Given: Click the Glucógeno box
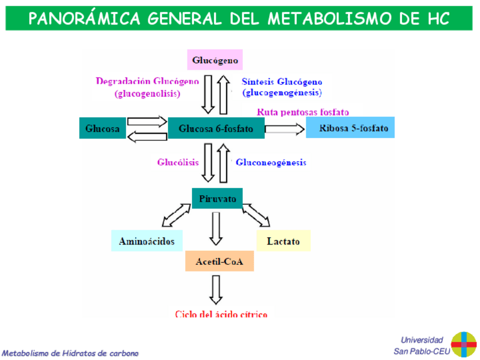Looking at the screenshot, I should click(215, 60).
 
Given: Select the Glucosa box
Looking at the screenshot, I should click(102, 128).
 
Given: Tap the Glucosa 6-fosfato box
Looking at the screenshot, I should click(216, 129).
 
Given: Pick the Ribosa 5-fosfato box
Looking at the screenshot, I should click(350, 128).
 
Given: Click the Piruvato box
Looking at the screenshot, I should click(217, 199).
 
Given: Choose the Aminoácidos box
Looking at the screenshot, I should click(147, 241).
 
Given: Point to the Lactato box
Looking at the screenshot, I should click(283, 241).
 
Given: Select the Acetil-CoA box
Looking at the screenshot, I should click(219, 262).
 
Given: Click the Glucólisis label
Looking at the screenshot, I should click(178, 162).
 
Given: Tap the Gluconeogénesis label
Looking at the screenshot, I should click(271, 162).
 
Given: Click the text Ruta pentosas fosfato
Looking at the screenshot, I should click(303, 112).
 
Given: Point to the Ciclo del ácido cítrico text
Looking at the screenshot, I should click(221, 314).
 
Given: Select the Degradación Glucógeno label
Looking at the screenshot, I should click(147, 81).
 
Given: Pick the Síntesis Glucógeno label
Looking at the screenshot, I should click(282, 81).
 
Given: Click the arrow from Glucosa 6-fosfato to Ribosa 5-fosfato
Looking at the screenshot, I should click(285, 129).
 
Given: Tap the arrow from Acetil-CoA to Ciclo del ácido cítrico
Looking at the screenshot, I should click(215, 290).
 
